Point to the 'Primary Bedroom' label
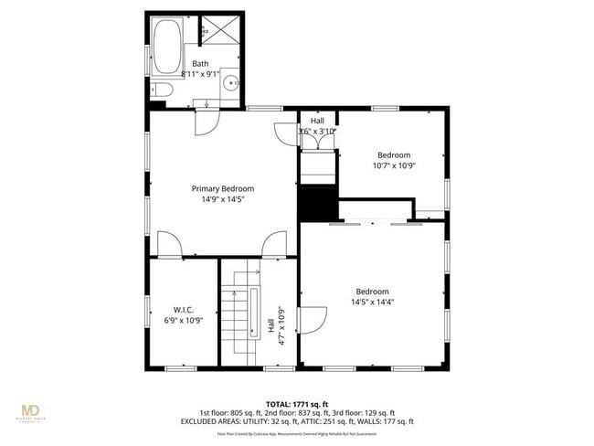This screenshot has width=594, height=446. click(x=222, y=189)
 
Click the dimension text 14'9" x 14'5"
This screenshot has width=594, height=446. click(x=222, y=199)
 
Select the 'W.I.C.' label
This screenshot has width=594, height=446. click(x=183, y=310)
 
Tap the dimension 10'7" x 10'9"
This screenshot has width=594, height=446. click(x=394, y=165)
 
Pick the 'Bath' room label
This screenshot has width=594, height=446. click(x=199, y=63)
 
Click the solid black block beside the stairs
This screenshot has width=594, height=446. click(x=318, y=203)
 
